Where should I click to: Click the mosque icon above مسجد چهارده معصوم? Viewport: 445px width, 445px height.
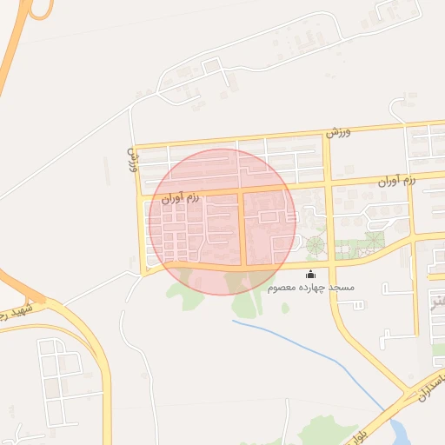311,276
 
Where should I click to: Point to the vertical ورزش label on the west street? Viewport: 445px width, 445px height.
134,159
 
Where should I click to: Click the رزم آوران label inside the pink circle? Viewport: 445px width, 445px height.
180,198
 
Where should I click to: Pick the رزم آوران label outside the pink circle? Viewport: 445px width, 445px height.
396,180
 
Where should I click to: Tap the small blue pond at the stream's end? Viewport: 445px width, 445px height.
402,431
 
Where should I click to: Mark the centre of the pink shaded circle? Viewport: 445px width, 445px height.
222,222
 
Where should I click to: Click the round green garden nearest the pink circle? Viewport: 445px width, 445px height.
315,246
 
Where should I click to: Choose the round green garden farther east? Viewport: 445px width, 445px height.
373,240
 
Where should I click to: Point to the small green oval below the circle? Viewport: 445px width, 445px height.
285,308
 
